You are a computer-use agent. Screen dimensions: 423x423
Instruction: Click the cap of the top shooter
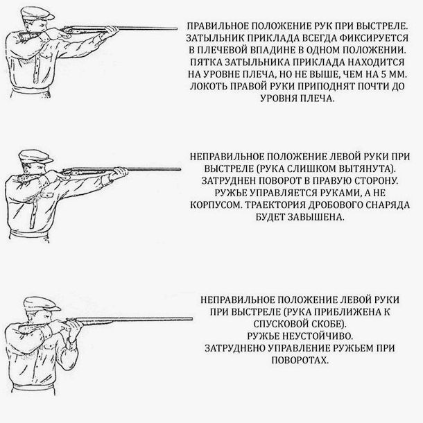[37, 13]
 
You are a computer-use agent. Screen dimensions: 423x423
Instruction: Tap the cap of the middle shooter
[35, 156]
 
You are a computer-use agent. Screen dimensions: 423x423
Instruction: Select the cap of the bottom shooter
[42, 304]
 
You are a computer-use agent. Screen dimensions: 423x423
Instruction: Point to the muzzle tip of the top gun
[178, 28]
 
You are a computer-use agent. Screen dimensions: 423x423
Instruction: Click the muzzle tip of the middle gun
[180, 169]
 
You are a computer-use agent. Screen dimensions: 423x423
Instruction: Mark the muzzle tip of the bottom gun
[192, 319]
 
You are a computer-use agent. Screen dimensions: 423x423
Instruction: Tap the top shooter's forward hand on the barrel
[112, 31]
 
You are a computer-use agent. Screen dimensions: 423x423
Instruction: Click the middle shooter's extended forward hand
[120, 171]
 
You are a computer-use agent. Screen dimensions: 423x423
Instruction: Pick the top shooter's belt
[31, 90]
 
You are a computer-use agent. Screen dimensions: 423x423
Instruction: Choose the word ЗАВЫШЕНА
[316, 217]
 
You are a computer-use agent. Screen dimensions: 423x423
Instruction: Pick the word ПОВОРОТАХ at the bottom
[300, 360]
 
